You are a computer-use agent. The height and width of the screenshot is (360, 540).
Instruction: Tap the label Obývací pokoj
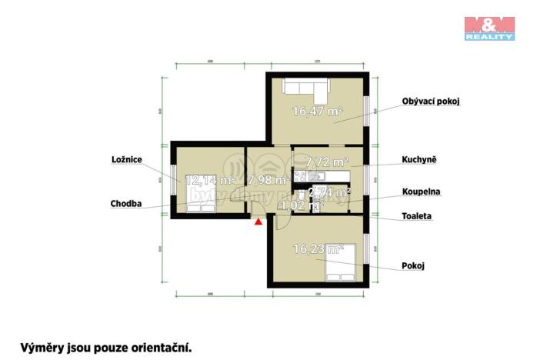430,101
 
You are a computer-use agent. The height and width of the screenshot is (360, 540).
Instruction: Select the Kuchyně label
418,161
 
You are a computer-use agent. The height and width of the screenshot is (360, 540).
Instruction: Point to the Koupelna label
421,192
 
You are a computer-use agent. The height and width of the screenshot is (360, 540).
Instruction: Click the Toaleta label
417,217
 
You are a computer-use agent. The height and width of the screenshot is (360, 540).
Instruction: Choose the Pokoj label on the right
413,265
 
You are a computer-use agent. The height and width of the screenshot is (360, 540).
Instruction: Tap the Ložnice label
128,159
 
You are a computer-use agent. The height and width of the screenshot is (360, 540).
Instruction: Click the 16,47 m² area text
316,112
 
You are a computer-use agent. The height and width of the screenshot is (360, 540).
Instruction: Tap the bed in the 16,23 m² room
341,262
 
